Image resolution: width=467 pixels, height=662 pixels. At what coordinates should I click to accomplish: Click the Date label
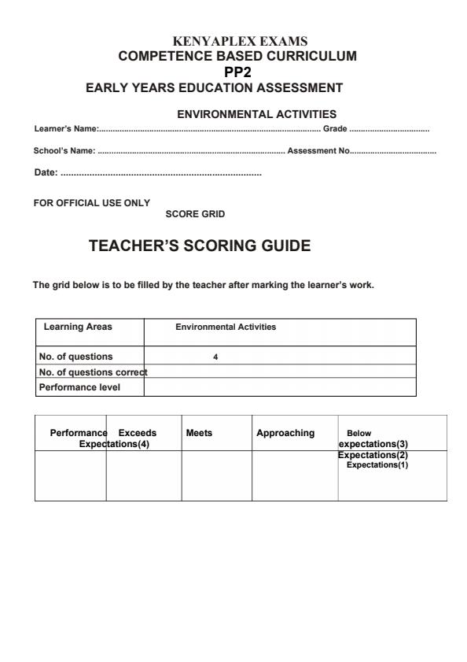pyautogui.click(x=46, y=172)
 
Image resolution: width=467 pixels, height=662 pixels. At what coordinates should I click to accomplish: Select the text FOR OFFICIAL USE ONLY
pyautogui.click(x=91, y=202)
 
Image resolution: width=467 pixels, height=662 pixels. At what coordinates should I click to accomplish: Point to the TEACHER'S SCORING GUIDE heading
pyautogui.click(x=200, y=246)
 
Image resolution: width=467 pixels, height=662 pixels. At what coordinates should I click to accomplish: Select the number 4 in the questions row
pyautogui.click(x=215, y=357)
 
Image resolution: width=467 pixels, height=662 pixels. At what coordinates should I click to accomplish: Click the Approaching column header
pyautogui.click(x=285, y=433)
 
